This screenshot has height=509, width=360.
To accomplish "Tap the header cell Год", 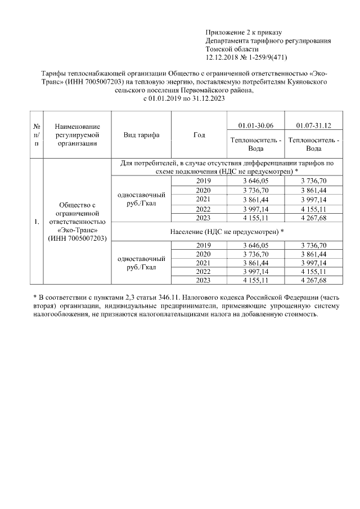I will [199, 135].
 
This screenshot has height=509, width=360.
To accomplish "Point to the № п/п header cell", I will [37, 135].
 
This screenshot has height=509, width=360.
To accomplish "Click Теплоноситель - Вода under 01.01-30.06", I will [255, 144].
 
